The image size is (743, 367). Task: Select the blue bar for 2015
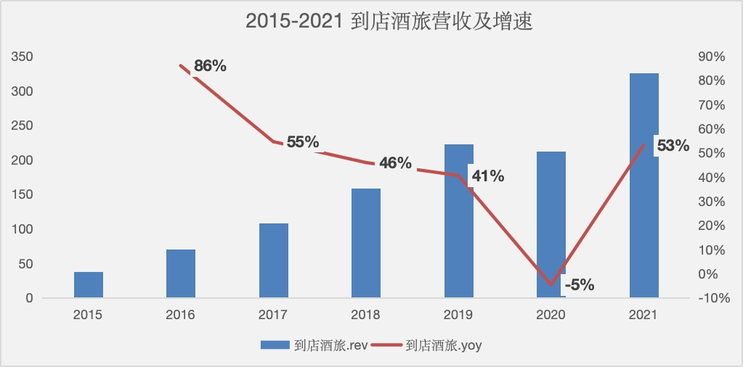[x=88, y=285]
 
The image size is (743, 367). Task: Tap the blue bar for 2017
[x=273, y=260]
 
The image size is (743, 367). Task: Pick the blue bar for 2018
[x=365, y=243]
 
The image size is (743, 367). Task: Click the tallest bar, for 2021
[x=643, y=185]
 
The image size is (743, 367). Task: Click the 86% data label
[x=210, y=66]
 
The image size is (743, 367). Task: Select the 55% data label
[x=302, y=142]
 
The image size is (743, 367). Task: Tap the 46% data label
[x=394, y=163]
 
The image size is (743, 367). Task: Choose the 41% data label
[x=487, y=176]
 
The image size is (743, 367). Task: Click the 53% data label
[x=672, y=146]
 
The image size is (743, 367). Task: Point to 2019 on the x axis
[x=458, y=315]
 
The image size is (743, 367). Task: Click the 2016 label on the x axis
[x=181, y=315]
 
